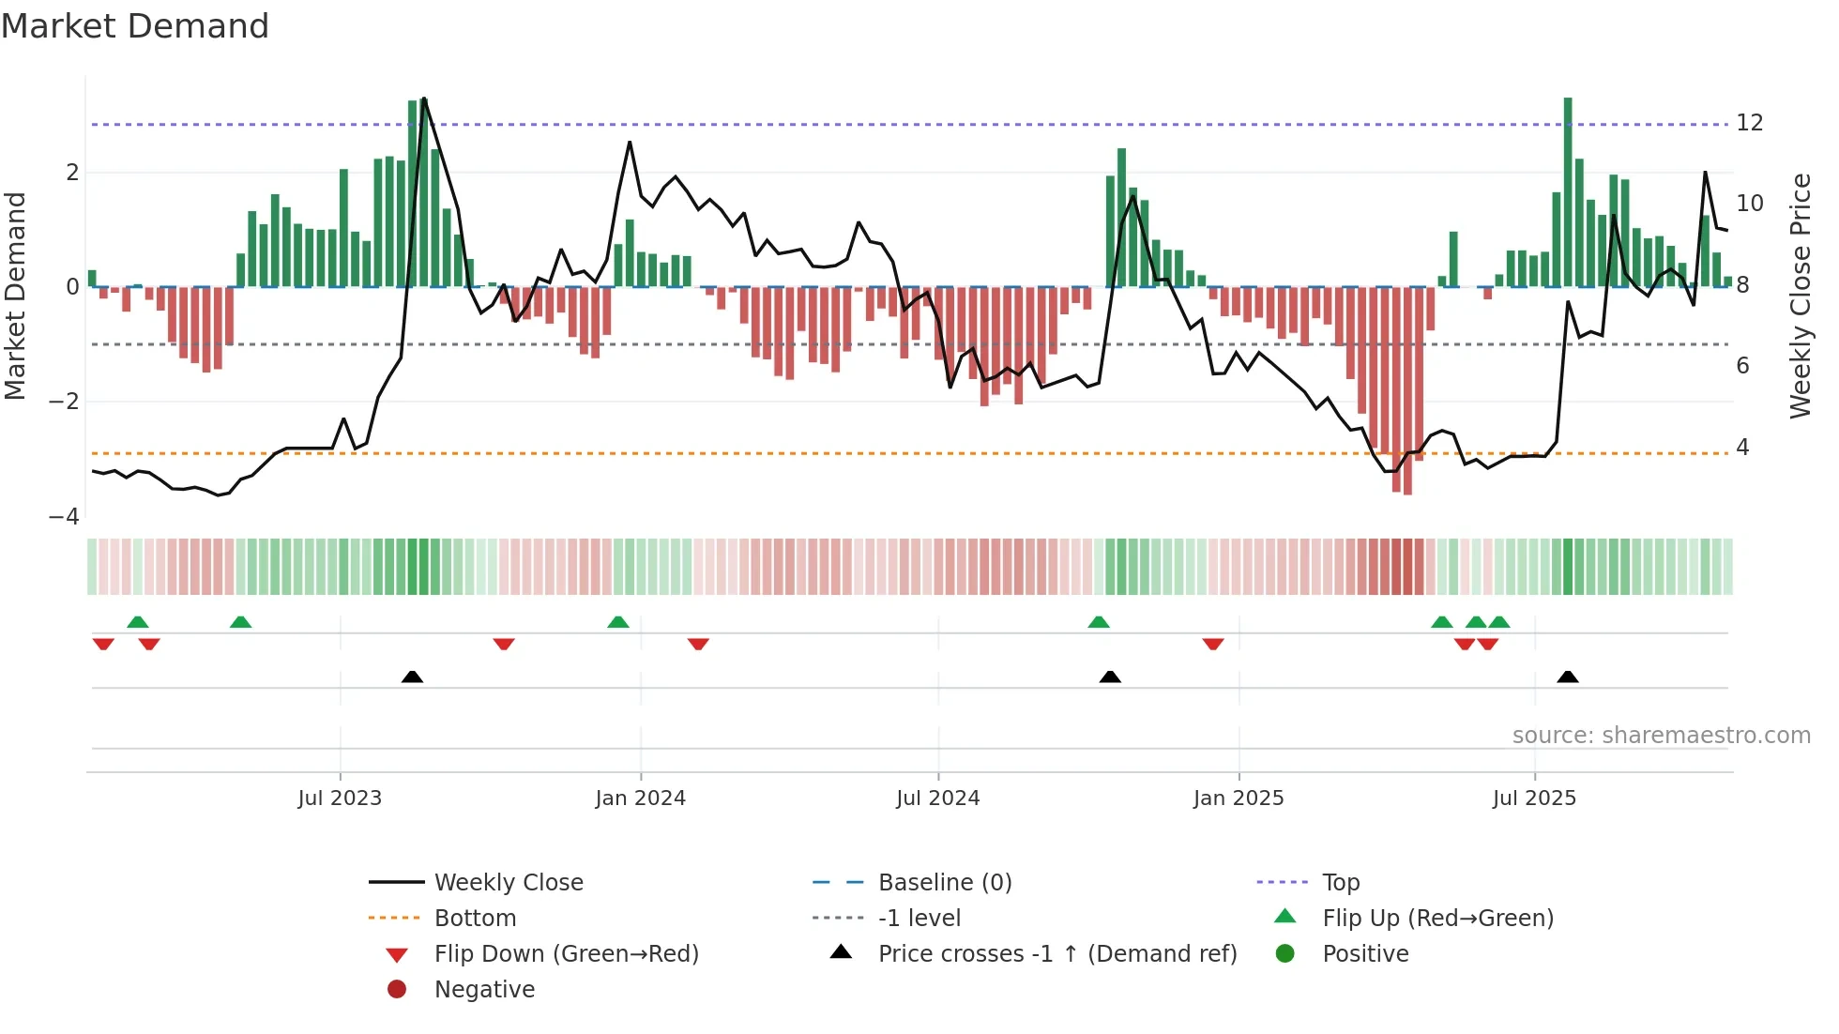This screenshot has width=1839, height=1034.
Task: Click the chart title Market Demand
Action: click(135, 26)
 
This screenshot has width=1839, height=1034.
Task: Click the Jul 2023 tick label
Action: click(340, 798)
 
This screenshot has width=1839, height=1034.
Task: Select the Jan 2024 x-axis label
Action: click(640, 798)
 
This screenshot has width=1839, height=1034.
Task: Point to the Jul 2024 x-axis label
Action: click(937, 798)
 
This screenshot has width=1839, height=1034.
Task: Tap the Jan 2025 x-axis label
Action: click(1239, 798)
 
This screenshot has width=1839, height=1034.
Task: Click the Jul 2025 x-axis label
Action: click(1534, 798)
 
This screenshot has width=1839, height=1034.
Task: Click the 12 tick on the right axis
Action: click(1750, 123)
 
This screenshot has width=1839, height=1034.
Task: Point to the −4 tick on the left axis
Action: click(64, 517)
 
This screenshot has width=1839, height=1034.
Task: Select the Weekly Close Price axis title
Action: click(1800, 296)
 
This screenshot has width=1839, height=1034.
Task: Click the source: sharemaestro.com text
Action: click(1661, 736)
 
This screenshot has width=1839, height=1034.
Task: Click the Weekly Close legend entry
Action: click(508, 883)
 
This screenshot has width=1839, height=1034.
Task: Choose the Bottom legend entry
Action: click(475, 919)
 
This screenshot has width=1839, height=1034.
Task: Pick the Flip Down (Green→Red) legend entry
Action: click(566, 954)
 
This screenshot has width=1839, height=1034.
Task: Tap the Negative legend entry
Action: click(484, 990)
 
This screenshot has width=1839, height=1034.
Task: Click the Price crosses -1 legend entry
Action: click(1056, 954)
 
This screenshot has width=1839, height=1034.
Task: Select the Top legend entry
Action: click(1341, 883)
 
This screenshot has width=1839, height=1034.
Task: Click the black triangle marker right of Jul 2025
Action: click(1568, 677)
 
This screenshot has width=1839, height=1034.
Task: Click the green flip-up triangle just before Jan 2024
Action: click(617, 622)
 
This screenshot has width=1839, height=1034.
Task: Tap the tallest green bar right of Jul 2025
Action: click(1568, 188)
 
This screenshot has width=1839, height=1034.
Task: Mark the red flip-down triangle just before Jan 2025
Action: click(1213, 644)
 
